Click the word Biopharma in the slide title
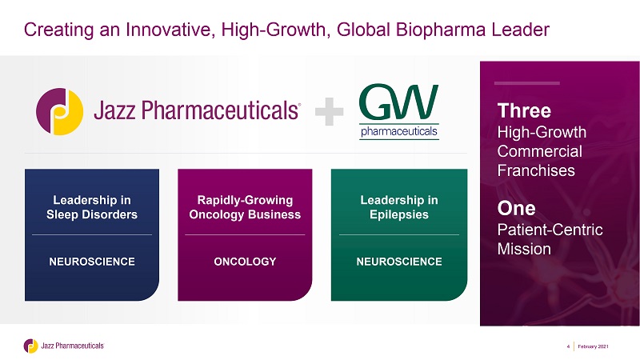point(440,30)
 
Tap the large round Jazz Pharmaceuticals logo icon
point(59,111)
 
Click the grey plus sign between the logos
point(329,111)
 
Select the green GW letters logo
point(398,102)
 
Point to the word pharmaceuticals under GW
point(399,131)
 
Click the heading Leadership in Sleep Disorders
point(92,207)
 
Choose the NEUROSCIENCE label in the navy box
point(92,262)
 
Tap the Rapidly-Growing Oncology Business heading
point(245,207)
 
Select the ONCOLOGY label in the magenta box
point(245,262)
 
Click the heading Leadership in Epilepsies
point(399,207)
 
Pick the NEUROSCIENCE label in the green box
point(399,262)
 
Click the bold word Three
point(524,110)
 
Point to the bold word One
point(516,208)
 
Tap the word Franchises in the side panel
point(536,170)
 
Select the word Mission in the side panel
point(524,249)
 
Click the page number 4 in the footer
point(568,346)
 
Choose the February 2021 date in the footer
point(593,346)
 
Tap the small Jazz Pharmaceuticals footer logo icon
point(30,346)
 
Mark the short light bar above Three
point(526,83)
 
